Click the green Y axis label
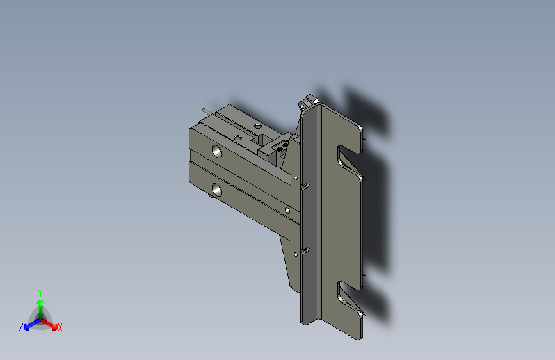coord(40,292)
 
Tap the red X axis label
coord(60,327)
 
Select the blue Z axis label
coord(21,327)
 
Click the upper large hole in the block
coord(218,151)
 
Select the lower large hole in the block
coord(218,190)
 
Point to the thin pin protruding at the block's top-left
coord(207,111)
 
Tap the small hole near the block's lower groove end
coord(287,210)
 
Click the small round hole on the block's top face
coord(257,126)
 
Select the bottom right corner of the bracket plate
coord(361,337)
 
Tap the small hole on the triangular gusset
coord(295,254)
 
